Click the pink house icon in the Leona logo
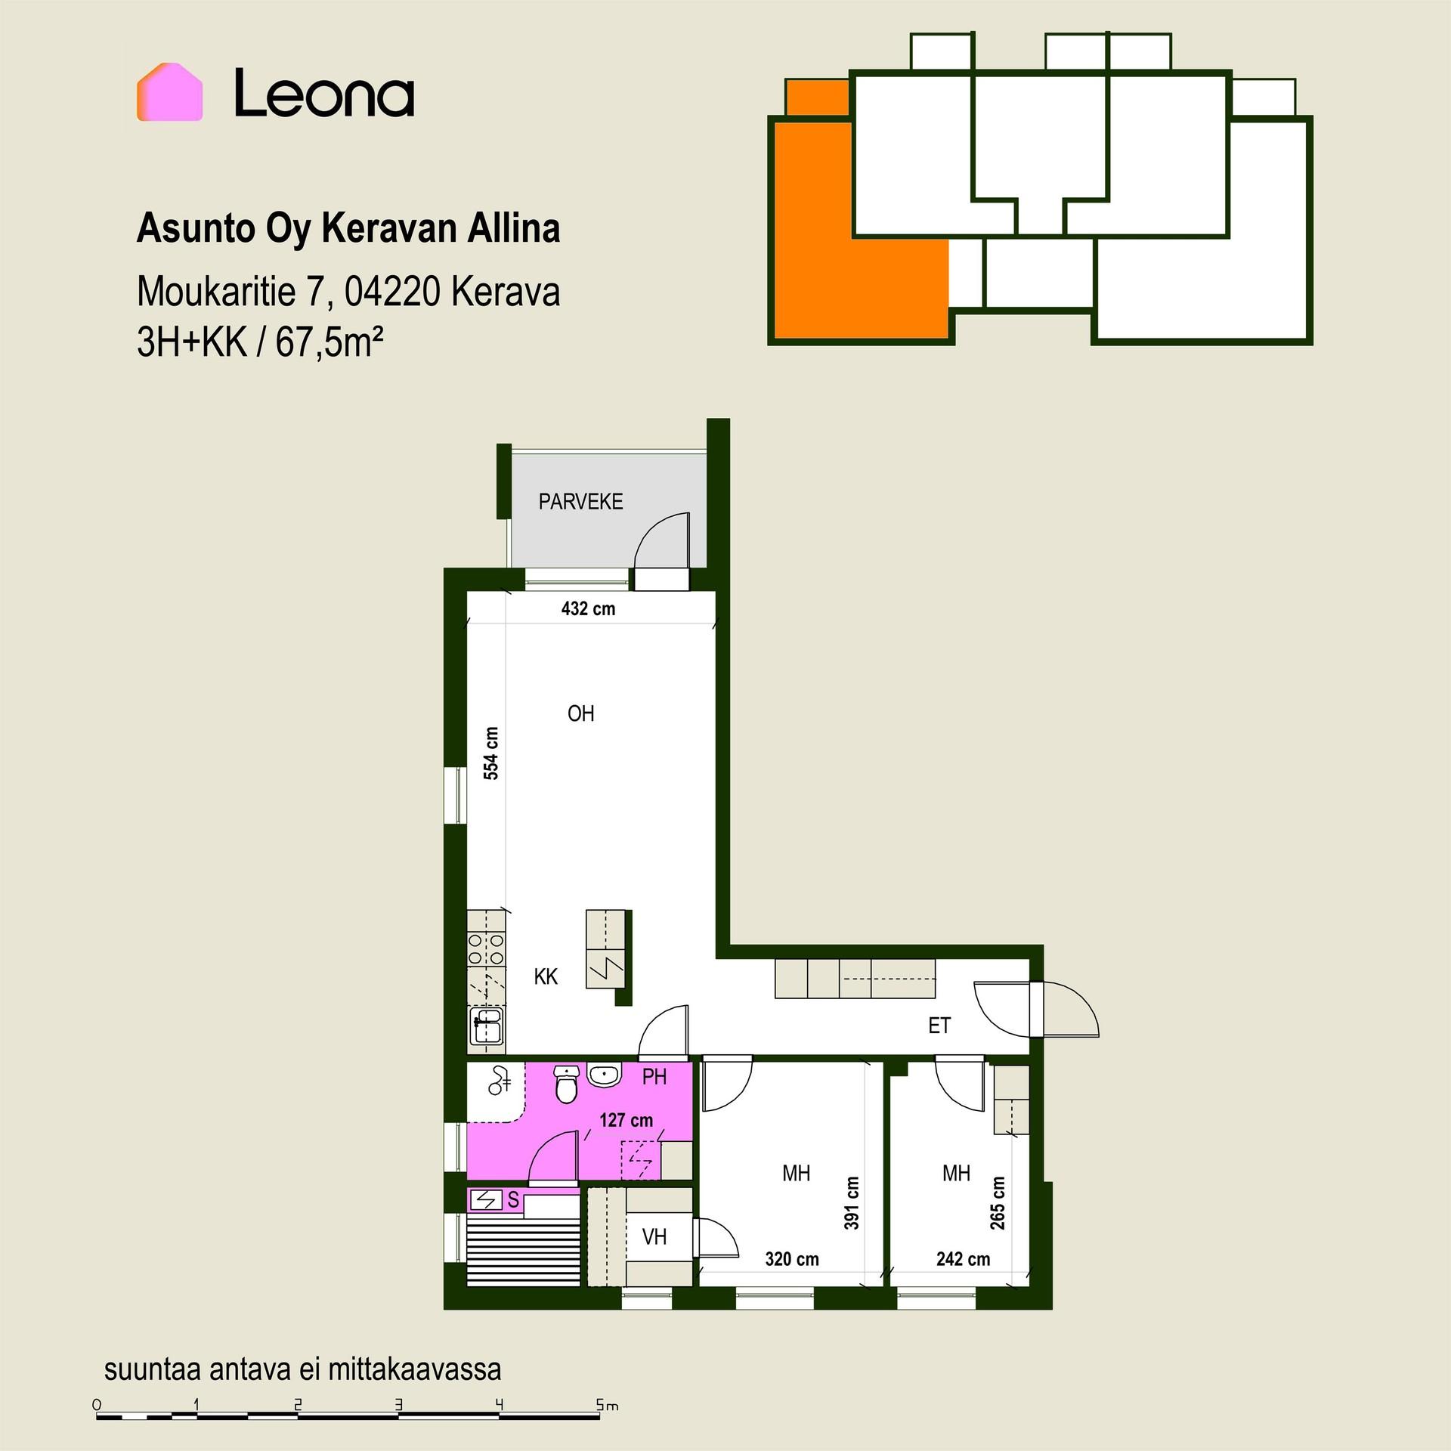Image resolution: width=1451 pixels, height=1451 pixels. click(169, 91)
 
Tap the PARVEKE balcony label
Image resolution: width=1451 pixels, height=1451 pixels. click(580, 502)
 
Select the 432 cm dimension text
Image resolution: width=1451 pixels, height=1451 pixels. click(588, 608)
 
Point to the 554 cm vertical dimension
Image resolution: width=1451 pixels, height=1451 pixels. click(491, 753)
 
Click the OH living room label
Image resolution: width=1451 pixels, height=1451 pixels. click(580, 713)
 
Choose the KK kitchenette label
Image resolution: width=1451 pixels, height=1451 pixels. click(546, 976)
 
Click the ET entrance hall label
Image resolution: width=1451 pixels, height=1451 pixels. click(939, 1026)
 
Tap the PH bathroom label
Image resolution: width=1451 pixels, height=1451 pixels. click(654, 1077)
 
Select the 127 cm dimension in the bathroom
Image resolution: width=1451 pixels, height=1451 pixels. click(626, 1120)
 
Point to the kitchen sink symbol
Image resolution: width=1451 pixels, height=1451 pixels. click(487, 1027)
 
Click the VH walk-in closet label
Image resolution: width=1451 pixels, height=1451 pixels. click(654, 1237)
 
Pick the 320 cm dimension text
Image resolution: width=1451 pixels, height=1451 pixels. click(791, 1259)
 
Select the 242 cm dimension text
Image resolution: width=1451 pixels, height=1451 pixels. click(963, 1259)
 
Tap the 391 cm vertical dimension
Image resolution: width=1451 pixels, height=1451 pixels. click(852, 1202)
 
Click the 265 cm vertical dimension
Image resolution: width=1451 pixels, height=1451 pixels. click(998, 1202)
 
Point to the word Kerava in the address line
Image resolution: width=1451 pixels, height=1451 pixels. click(506, 292)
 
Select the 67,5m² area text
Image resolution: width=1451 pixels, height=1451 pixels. click(329, 342)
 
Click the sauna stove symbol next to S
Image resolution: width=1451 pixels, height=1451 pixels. click(486, 1199)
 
